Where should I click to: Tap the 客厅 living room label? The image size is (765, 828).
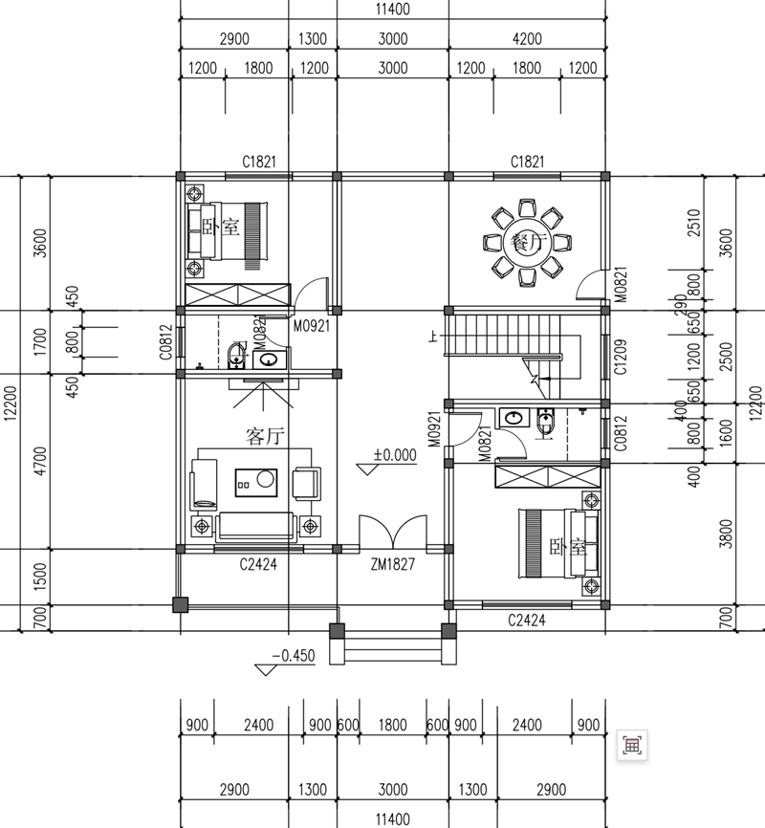265,437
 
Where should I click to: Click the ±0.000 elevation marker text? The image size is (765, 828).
395,455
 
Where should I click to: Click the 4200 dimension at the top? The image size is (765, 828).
527,39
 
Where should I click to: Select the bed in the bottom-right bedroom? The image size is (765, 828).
555,543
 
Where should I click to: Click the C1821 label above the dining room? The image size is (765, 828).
527,162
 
